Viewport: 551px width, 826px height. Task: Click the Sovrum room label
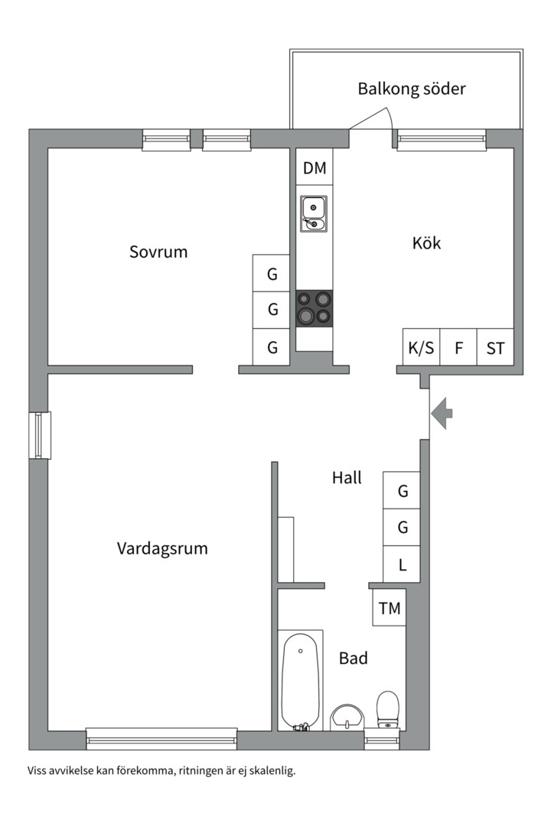pyautogui.click(x=158, y=252)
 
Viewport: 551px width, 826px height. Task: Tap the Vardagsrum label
pyautogui.click(x=162, y=548)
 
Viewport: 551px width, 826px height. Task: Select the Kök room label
pyautogui.click(x=427, y=243)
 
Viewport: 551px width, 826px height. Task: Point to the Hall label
pyautogui.click(x=347, y=478)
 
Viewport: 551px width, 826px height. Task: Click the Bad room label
pyautogui.click(x=354, y=658)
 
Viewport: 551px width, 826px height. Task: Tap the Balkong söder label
pyautogui.click(x=412, y=89)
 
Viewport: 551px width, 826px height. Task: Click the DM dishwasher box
pyautogui.click(x=315, y=168)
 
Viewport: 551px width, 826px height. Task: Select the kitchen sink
pyautogui.click(x=314, y=213)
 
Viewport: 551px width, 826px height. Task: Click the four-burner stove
pyautogui.click(x=315, y=307)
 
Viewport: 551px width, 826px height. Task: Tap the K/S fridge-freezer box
pyautogui.click(x=421, y=348)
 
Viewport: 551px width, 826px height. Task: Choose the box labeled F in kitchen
pyautogui.click(x=459, y=348)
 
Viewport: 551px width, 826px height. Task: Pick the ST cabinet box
pyautogui.click(x=495, y=348)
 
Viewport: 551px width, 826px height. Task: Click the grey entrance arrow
pyautogui.click(x=442, y=414)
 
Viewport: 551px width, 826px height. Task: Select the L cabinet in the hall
pyautogui.click(x=403, y=566)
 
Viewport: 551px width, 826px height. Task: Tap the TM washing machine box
pyautogui.click(x=390, y=609)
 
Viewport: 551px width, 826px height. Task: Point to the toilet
pyautogui.click(x=388, y=710)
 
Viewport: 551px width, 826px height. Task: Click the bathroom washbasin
pyautogui.click(x=349, y=717)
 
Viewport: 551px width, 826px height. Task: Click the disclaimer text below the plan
pyautogui.click(x=161, y=770)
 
